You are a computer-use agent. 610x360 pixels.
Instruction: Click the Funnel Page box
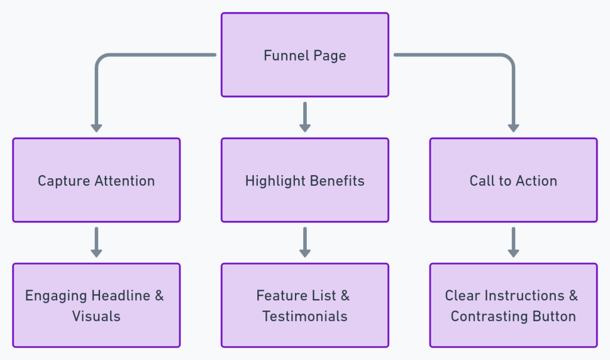pyautogui.click(x=305, y=55)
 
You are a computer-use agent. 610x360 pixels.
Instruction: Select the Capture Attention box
pyautogui.click(x=97, y=180)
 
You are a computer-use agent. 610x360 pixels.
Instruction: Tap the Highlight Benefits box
pyautogui.click(x=305, y=180)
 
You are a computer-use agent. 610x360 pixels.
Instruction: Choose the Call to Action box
pyautogui.click(x=513, y=180)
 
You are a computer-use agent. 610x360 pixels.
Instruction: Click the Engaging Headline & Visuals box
pyautogui.click(x=97, y=305)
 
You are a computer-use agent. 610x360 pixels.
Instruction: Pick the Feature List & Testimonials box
pyautogui.click(x=305, y=305)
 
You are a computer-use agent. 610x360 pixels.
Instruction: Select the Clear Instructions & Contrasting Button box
pyautogui.click(x=513, y=305)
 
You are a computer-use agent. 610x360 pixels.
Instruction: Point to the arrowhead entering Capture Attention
pyautogui.click(x=97, y=128)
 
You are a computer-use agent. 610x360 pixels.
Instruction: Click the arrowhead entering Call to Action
pyautogui.click(x=513, y=128)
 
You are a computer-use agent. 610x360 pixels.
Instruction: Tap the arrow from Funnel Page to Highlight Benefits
pyautogui.click(x=305, y=116)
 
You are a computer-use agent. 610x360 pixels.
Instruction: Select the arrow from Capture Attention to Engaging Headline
pyautogui.click(x=97, y=241)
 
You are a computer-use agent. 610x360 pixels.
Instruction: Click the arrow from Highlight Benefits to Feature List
pyautogui.click(x=305, y=241)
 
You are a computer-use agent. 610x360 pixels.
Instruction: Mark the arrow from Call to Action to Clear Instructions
pyautogui.click(x=513, y=241)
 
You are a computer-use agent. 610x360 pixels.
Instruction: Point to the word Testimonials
pyautogui.click(x=305, y=316)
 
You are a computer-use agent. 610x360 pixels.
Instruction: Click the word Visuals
pyautogui.click(x=97, y=316)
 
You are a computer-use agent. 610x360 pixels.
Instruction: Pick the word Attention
pyautogui.click(x=123, y=181)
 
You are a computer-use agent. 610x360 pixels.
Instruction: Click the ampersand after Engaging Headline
pyautogui.click(x=158, y=296)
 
